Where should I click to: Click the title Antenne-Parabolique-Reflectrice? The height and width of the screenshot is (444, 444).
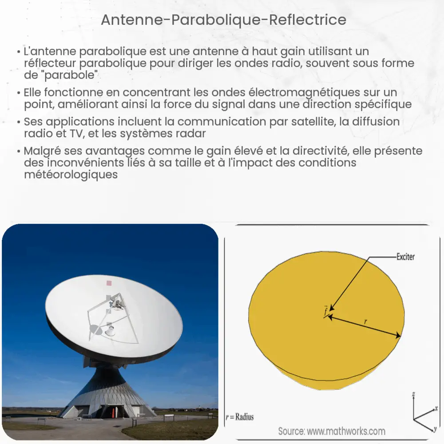coord(223,20)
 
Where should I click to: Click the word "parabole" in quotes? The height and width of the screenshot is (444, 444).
coord(73,75)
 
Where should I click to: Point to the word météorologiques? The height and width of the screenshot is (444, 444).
coord(71,174)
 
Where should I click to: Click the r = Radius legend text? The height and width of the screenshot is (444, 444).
coord(240,417)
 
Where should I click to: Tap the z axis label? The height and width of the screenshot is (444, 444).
coord(413,393)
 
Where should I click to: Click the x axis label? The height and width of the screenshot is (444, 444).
coord(436,408)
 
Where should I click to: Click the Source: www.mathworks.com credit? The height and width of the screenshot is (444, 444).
coord(332,431)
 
